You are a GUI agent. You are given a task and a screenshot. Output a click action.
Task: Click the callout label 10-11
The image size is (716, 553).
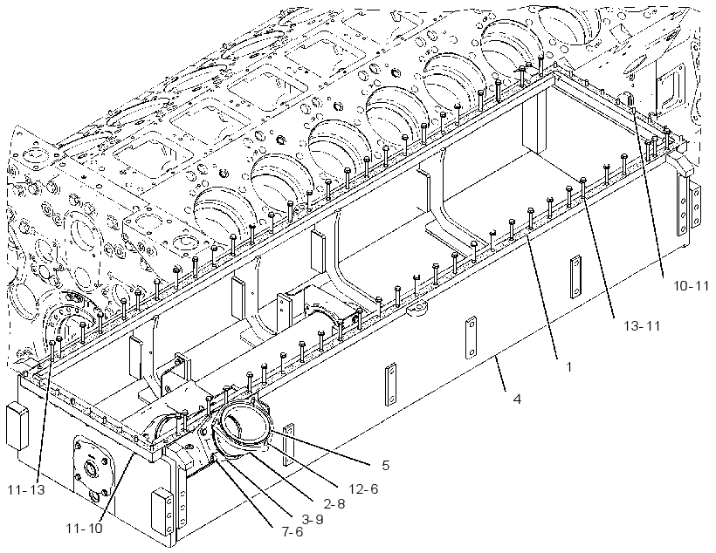[691, 286]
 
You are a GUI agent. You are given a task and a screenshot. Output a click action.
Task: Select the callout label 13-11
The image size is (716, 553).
[643, 325]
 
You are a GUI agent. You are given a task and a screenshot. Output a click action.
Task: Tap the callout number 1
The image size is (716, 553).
[568, 366]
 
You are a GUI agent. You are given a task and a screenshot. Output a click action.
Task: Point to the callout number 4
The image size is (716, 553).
[517, 399]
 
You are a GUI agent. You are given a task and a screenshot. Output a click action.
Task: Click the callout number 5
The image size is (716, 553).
[386, 466]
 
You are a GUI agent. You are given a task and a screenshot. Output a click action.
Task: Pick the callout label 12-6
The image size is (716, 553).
[363, 488]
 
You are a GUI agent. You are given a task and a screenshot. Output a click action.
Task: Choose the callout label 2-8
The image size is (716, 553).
[334, 503]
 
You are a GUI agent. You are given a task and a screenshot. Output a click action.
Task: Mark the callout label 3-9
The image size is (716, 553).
[313, 519]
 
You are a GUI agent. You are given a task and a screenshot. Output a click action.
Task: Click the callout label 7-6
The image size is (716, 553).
[293, 532]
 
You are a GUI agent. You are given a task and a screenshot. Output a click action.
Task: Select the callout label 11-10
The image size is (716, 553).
[84, 529]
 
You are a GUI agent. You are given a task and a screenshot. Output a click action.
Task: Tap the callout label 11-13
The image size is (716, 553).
[26, 490]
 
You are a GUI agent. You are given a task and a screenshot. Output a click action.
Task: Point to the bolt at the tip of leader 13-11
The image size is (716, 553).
[583, 186]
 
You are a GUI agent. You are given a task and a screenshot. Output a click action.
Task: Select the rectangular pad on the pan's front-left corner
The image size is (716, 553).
[17, 427]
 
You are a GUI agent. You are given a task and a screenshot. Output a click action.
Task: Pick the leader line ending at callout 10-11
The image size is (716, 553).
[649, 192]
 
